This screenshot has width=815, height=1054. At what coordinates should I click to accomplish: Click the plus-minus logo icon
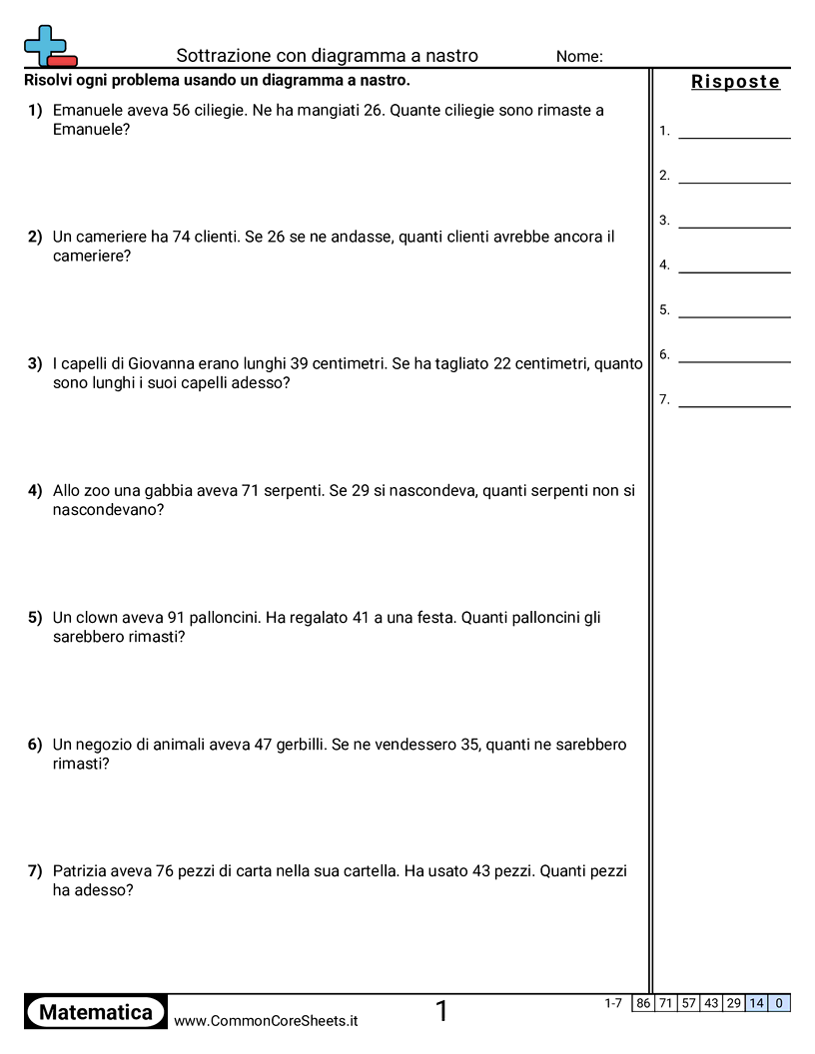click(49, 46)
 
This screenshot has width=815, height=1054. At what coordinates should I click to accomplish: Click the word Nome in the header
click(579, 57)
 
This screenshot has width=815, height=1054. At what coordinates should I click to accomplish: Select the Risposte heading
click(735, 82)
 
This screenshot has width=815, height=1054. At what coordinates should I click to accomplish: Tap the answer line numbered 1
click(734, 132)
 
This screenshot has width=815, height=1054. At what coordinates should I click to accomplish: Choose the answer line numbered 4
click(734, 266)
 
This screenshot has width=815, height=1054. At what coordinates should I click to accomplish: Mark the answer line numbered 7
click(734, 401)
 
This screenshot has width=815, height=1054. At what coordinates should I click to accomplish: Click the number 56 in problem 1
click(181, 111)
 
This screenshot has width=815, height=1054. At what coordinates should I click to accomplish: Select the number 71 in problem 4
click(251, 491)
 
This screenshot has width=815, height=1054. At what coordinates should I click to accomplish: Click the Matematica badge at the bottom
click(96, 1012)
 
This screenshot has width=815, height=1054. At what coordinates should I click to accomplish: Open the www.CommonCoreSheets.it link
click(266, 1021)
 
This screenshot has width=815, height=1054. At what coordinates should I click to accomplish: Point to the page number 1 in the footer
click(442, 1011)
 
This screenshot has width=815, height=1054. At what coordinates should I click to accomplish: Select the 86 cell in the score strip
click(643, 1003)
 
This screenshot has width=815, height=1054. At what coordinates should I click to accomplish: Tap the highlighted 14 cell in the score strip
click(757, 1003)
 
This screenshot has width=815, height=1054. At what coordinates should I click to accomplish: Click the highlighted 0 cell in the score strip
click(779, 1003)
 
